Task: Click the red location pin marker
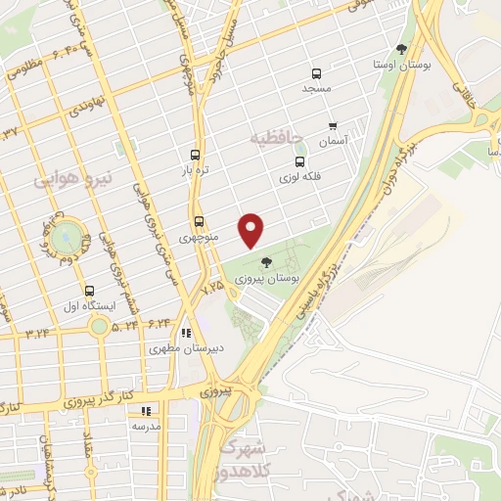tap(251, 229)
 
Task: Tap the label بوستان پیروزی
tap(267, 279)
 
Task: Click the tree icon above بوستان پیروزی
tap(266, 261)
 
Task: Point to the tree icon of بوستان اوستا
tap(402, 49)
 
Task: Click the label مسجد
tap(317, 90)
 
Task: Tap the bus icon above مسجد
tap(316, 73)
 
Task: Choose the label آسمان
tap(334, 141)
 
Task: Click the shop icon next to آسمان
tap(333, 126)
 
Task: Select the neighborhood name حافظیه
tap(278, 138)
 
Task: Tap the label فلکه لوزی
tap(299, 177)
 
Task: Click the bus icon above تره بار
tap(196, 155)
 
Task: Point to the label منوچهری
tap(201, 238)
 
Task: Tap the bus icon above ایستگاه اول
tap(89, 291)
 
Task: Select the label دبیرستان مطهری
tap(172, 348)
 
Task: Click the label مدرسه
tap(146, 427)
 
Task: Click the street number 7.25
tap(211, 291)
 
